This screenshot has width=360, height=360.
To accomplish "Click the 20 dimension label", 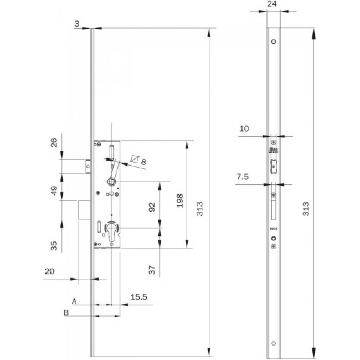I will point(50,272).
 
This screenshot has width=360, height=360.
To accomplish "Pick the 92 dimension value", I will point(152,207).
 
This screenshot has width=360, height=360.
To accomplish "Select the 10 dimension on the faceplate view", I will point(244,128).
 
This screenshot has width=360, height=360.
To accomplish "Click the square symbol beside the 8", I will point(133,160).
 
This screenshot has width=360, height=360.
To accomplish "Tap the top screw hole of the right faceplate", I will point(273,41).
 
